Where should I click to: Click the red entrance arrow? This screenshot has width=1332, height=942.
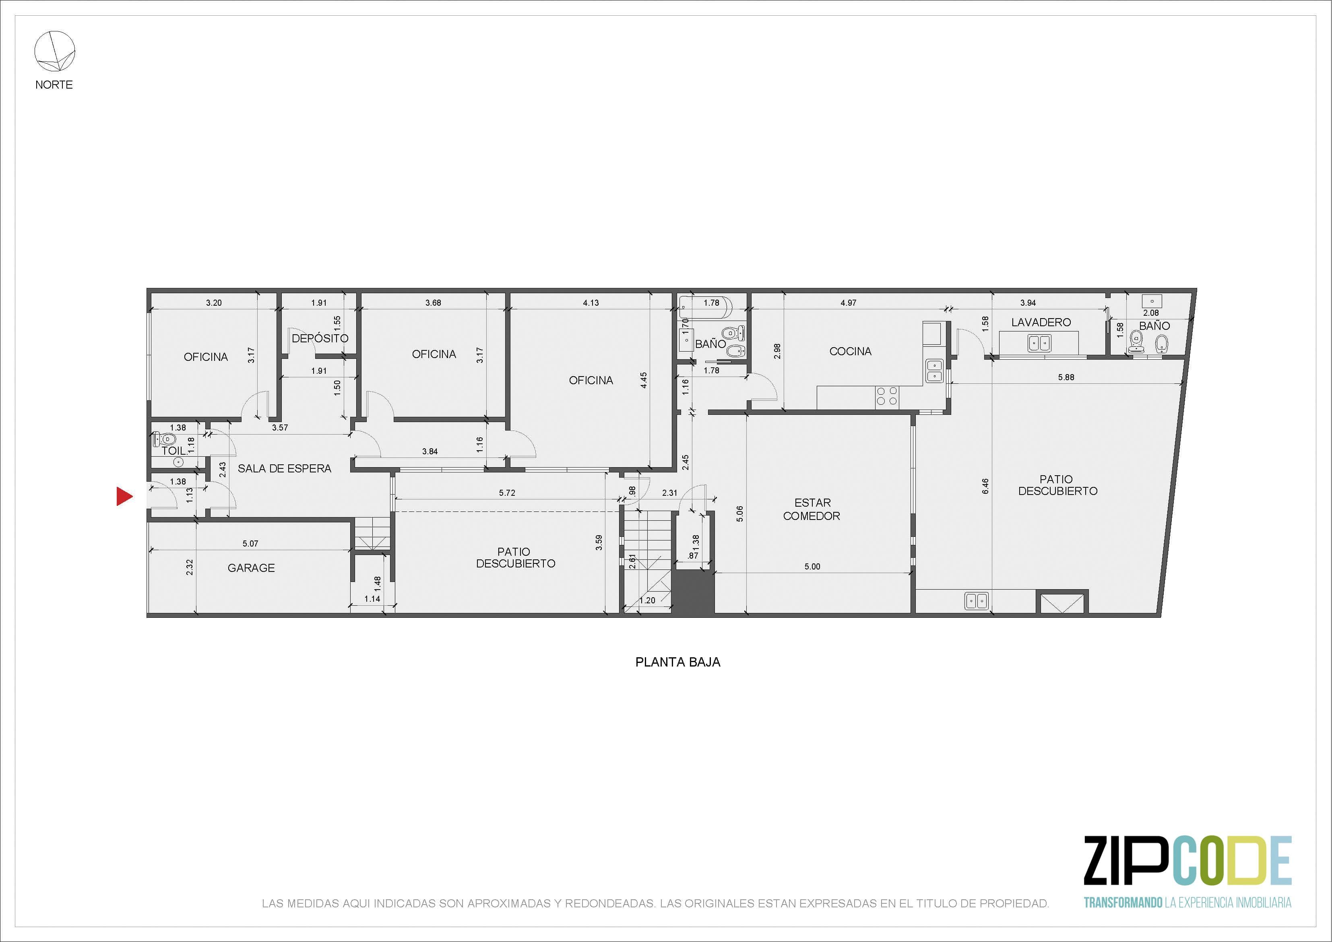coord(124,496)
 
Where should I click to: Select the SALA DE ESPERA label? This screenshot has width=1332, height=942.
coord(284,468)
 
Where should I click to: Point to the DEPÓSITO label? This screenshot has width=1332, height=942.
coord(320,338)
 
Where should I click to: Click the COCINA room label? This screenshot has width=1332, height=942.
coord(851,351)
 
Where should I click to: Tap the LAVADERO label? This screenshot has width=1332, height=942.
coord(1041,322)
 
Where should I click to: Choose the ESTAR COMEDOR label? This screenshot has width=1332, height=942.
coord(812,509)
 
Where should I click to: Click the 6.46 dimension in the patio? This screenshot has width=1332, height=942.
coord(985,487)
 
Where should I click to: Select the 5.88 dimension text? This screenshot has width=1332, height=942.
coord(1066,377)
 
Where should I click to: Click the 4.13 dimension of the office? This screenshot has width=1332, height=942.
coord(591,302)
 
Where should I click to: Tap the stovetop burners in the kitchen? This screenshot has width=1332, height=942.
coord(887,396)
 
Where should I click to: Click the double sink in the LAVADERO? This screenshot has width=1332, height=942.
coord(1039,343)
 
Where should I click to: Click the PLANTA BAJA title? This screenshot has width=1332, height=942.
coord(677,662)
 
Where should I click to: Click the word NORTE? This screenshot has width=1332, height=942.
coord(54,85)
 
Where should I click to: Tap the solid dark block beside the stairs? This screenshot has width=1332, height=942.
coord(693,592)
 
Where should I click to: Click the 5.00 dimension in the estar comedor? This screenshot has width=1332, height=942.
coord(812,567)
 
